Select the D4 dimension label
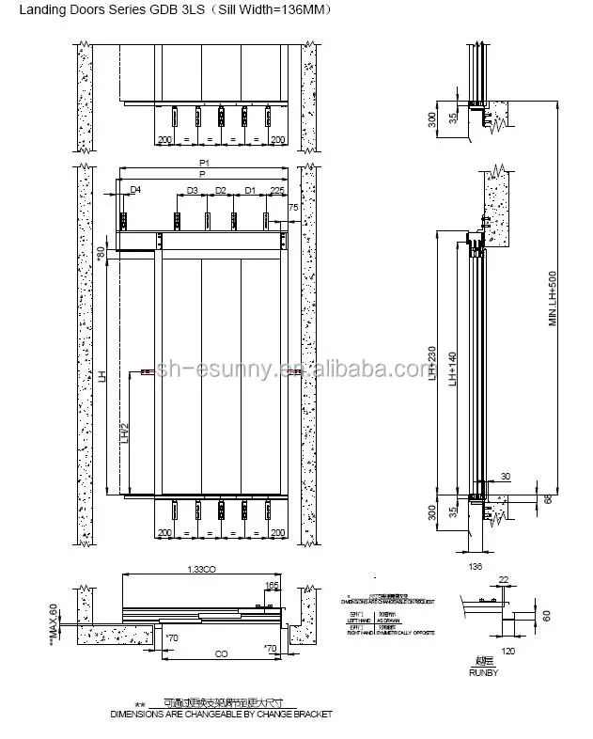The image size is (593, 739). (x=135, y=191)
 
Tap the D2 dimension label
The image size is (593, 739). (x=221, y=191)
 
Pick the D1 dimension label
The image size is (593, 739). (x=250, y=191)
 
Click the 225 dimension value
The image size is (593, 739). (x=276, y=191)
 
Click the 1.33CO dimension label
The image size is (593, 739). (x=202, y=570)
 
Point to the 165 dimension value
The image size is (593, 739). (x=273, y=586)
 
